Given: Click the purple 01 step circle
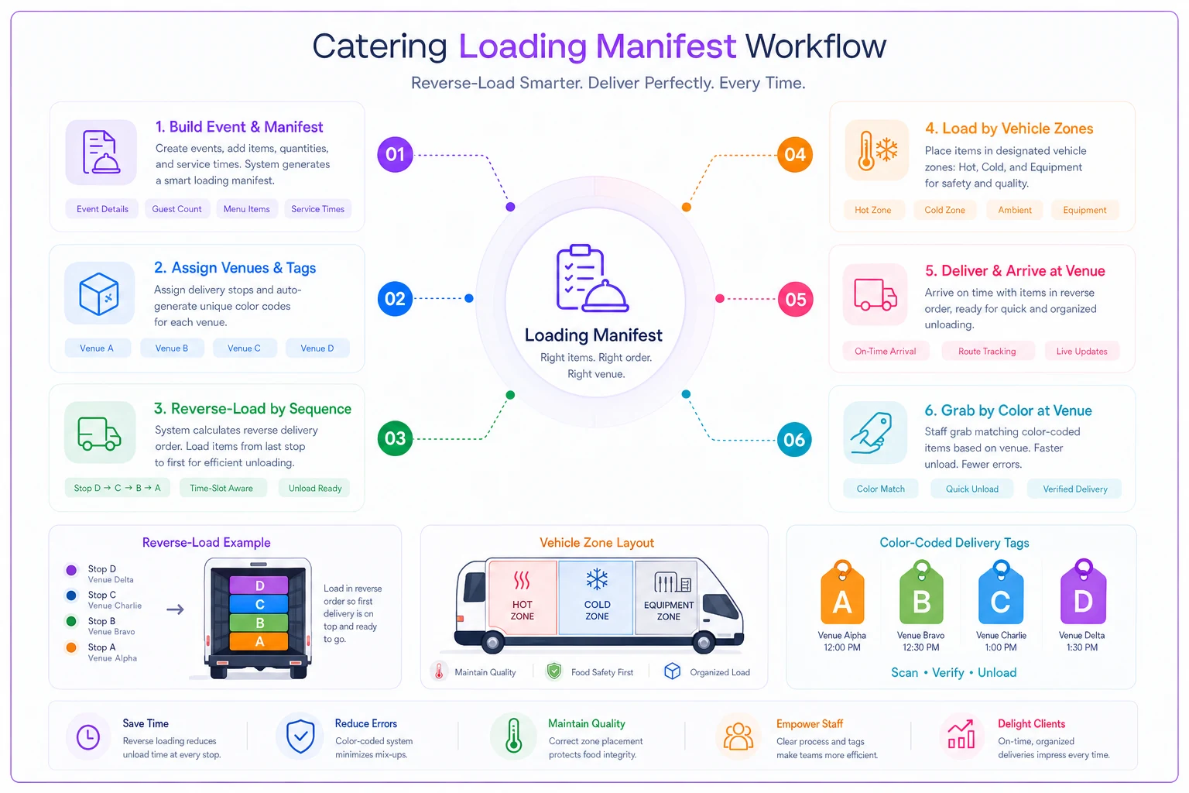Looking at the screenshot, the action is coord(395,155).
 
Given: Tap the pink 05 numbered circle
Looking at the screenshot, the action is coord(795,300).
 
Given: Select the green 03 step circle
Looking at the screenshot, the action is coord(395,438).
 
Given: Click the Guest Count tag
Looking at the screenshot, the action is coord(176,209).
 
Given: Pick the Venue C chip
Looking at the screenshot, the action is coord(244,348).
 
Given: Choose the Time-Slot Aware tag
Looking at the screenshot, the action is coord(221,488).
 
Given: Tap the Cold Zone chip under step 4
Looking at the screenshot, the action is coord(945,210).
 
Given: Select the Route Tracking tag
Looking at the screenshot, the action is coord(987,351).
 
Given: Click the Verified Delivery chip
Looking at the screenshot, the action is coord(1075,489).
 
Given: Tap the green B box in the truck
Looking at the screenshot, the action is coord(259,623).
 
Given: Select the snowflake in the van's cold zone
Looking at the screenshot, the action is coord(597,579).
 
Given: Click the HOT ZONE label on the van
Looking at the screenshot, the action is coord(523,610).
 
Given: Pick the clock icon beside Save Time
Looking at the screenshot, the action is coord(88,737).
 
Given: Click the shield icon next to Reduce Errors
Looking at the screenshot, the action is coord(300,736).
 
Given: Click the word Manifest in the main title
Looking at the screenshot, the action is coord(666,46).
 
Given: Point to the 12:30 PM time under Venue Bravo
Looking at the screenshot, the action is coord(921,647).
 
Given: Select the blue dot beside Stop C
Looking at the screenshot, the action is coord(71,596).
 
